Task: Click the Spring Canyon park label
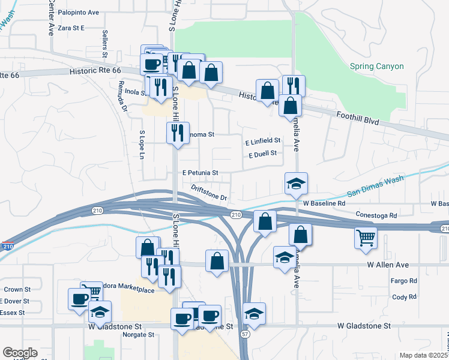click(x=377, y=67)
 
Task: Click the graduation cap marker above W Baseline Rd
click(x=296, y=184)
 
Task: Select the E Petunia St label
click(x=200, y=173)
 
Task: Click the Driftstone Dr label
click(x=209, y=193)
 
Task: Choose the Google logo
click(x=20, y=353)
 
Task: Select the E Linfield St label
click(x=263, y=141)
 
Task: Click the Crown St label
click(x=17, y=290)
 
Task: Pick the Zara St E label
click(x=71, y=28)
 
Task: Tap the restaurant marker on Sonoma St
click(x=177, y=133)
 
